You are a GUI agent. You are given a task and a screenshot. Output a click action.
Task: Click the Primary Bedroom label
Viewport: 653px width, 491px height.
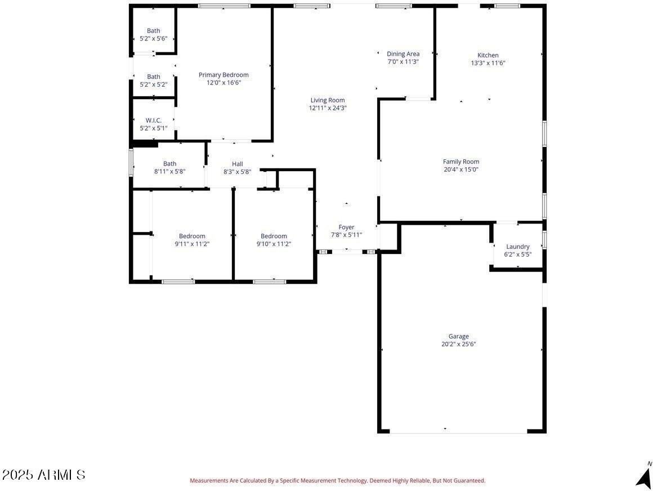coord(223,75)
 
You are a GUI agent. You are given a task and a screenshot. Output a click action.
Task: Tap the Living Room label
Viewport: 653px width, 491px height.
coord(328,100)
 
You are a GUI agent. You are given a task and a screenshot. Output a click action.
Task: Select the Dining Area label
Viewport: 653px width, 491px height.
coord(403,54)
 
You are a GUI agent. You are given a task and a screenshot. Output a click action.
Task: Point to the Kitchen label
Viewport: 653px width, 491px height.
coord(488,55)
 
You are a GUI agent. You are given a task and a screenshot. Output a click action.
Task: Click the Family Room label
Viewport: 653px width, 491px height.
coord(461,162)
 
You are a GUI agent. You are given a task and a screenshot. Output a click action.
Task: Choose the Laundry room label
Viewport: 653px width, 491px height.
coord(518,247)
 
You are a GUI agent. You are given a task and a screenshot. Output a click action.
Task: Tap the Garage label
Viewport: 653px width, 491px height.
coord(459,336)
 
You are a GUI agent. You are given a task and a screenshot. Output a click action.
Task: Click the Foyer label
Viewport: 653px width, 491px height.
coord(346,227)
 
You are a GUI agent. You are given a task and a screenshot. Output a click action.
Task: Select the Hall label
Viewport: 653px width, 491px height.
coord(238,164)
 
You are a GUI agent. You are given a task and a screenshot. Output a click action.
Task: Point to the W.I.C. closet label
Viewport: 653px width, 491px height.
coord(154,120)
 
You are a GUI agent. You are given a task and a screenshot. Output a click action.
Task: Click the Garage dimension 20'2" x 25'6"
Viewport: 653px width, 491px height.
coord(459,344)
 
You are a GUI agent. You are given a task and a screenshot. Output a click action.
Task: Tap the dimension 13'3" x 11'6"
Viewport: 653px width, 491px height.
coord(488,63)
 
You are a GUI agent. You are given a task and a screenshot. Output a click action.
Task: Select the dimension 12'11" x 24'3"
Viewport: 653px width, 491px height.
coord(328,108)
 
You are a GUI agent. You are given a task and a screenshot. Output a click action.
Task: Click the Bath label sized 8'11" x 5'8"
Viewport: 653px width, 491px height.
coord(170,164)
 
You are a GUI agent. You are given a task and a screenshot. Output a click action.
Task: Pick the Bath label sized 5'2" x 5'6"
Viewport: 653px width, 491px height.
coord(154,31)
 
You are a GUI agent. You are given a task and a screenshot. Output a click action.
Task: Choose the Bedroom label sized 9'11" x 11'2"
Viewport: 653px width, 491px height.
coord(193,236)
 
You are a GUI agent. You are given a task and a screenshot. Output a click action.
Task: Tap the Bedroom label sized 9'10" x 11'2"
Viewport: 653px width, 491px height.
coord(274,236)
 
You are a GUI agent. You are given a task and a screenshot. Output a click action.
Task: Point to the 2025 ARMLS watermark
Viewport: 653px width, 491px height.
coord(44,475)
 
